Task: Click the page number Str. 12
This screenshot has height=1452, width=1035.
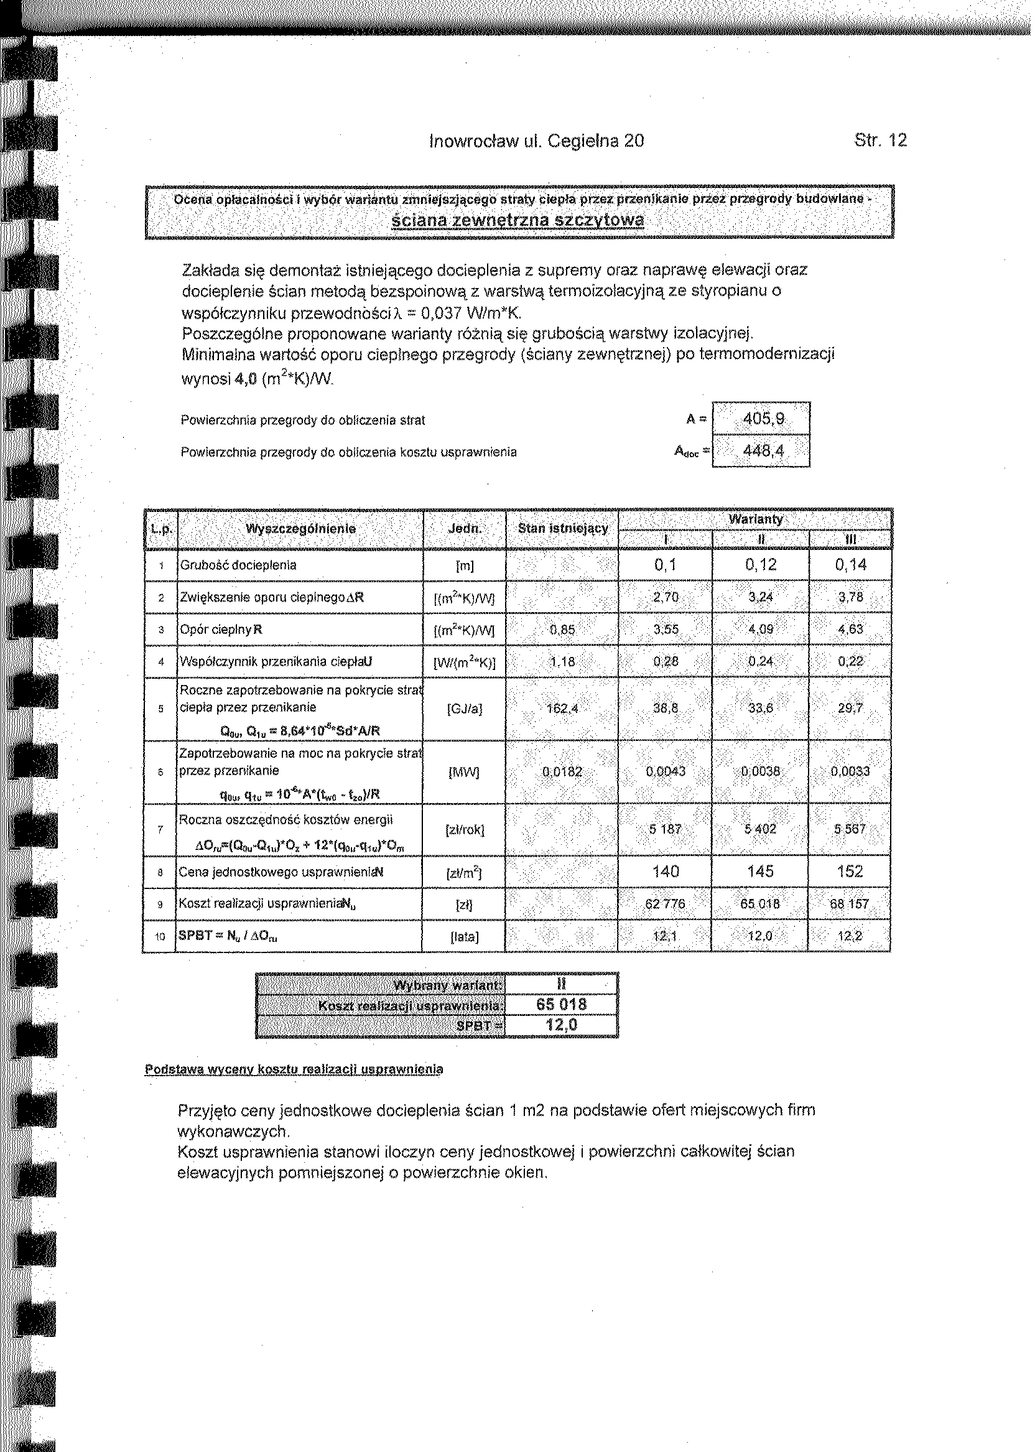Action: (880, 140)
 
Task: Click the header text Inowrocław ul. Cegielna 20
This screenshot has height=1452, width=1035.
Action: (537, 140)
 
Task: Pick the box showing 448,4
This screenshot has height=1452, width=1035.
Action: (761, 452)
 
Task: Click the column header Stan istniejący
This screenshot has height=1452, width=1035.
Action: (563, 528)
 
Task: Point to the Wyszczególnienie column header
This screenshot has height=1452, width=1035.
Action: (300, 528)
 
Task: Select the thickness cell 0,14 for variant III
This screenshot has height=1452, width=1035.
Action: (850, 565)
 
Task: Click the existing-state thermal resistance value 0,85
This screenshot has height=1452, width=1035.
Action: (562, 630)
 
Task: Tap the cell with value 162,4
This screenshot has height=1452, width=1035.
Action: (562, 707)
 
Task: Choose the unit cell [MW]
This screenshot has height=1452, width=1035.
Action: (465, 772)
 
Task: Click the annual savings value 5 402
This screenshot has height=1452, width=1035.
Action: (760, 829)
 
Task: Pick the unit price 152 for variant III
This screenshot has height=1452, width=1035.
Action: (850, 872)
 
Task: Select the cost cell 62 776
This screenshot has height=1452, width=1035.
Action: (666, 904)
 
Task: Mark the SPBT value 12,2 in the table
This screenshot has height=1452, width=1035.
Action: (850, 936)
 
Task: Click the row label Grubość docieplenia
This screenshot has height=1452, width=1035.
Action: (238, 565)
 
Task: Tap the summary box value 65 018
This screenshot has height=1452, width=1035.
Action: (562, 1005)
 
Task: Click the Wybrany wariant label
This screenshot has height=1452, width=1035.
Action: (446, 986)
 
